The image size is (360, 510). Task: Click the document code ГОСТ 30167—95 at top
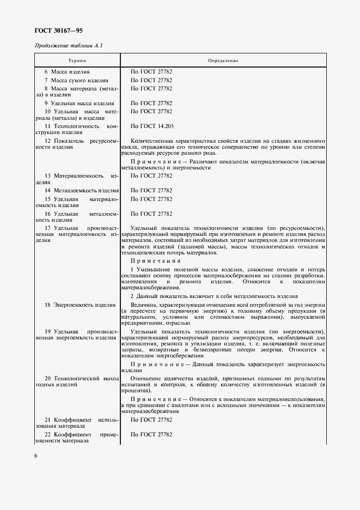point(59,31)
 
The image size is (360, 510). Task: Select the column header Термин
point(77,60)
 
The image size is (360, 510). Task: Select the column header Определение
point(223,60)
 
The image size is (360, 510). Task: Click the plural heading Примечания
point(155,260)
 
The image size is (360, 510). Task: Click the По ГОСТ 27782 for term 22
point(151,435)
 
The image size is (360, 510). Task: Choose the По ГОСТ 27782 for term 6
point(151,72)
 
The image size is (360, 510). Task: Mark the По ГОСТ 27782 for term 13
point(151,176)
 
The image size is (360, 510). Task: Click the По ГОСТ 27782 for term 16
point(151,214)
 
